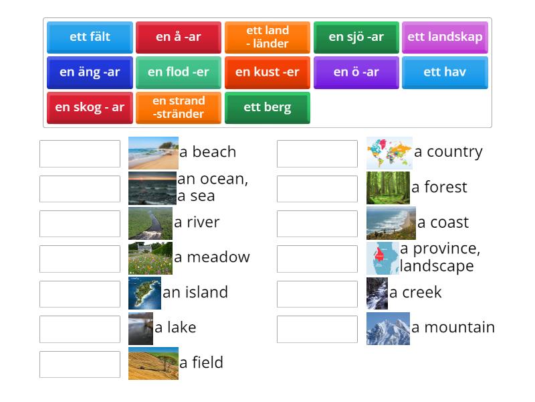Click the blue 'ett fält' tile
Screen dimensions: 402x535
(x=90, y=37)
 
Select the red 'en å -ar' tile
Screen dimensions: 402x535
(x=179, y=37)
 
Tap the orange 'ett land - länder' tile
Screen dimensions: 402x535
(x=267, y=37)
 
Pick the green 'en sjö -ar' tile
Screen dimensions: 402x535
(x=356, y=37)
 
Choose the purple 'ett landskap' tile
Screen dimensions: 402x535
(x=445, y=37)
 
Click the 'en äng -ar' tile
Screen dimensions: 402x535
(x=90, y=72)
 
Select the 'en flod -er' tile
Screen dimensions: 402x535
(x=179, y=72)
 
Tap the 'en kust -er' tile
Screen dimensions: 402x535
(x=267, y=72)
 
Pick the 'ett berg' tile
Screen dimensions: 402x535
(x=267, y=107)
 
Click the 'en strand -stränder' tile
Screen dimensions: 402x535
(x=179, y=107)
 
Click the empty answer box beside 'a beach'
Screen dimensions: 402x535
(x=80, y=153)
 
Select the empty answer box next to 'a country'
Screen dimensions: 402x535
(x=317, y=153)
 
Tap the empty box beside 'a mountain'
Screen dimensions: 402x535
(x=317, y=329)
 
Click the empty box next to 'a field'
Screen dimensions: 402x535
(x=80, y=364)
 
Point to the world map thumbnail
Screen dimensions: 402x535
(x=389, y=153)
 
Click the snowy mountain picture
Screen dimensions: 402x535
(x=388, y=328)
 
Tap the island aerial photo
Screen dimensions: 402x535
(x=144, y=293)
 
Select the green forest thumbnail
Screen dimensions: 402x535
(x=388, y=188)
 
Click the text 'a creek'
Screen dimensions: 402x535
(x=415, y=293)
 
